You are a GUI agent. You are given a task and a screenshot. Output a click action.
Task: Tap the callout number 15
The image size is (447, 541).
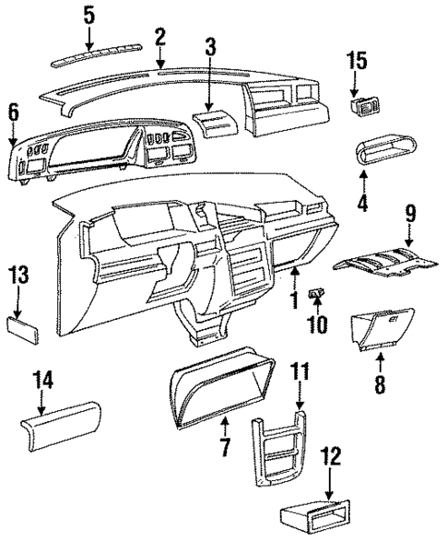pos(356,62)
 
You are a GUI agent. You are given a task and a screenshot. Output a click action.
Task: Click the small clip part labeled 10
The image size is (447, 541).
pos(317,296)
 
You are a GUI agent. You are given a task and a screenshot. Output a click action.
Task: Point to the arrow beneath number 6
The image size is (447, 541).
pos(12,134)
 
